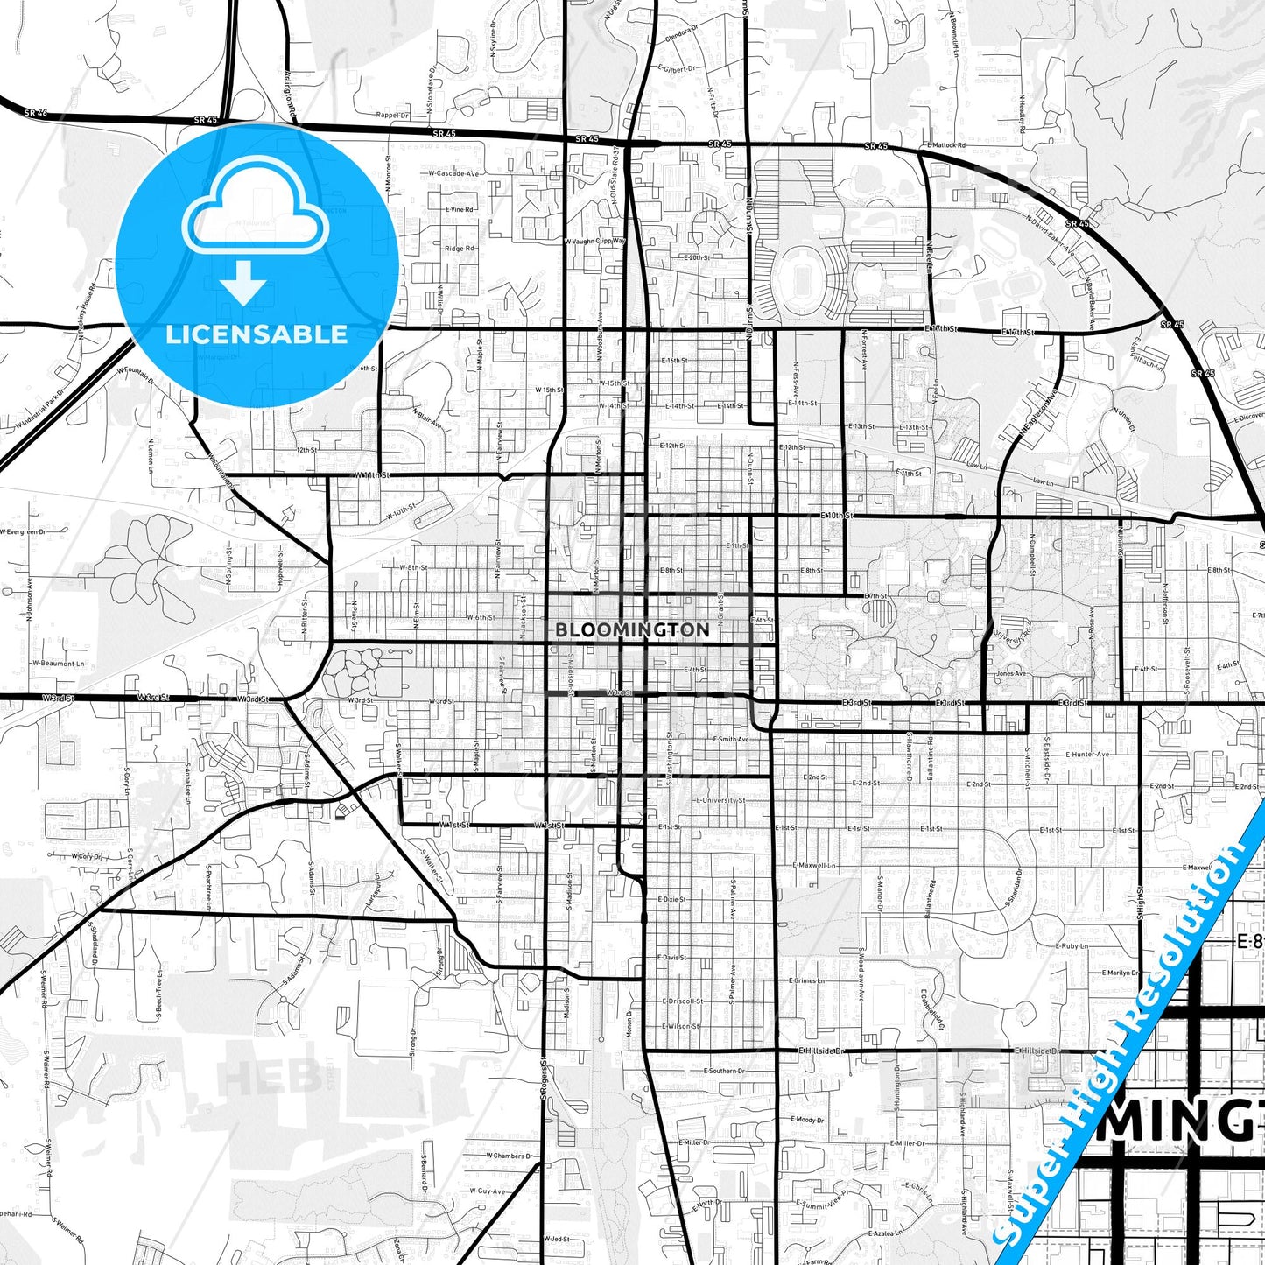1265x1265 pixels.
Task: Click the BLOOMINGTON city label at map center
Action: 632,629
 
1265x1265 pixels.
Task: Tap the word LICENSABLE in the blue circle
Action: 257,334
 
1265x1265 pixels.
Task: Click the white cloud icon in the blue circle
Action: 256,219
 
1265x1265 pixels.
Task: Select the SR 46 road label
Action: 36,113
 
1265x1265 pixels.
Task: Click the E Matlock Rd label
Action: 945,145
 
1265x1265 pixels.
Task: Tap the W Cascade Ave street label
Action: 453,173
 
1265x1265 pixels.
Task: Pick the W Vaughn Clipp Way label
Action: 595,241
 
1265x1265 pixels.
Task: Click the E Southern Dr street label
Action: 724,1071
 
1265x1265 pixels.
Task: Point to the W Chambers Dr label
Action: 510,1156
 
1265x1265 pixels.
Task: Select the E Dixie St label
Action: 671,899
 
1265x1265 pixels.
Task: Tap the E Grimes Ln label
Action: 808,980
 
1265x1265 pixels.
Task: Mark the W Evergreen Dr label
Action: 23,531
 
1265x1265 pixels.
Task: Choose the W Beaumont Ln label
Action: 60,664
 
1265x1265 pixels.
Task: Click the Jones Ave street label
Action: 1011,673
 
